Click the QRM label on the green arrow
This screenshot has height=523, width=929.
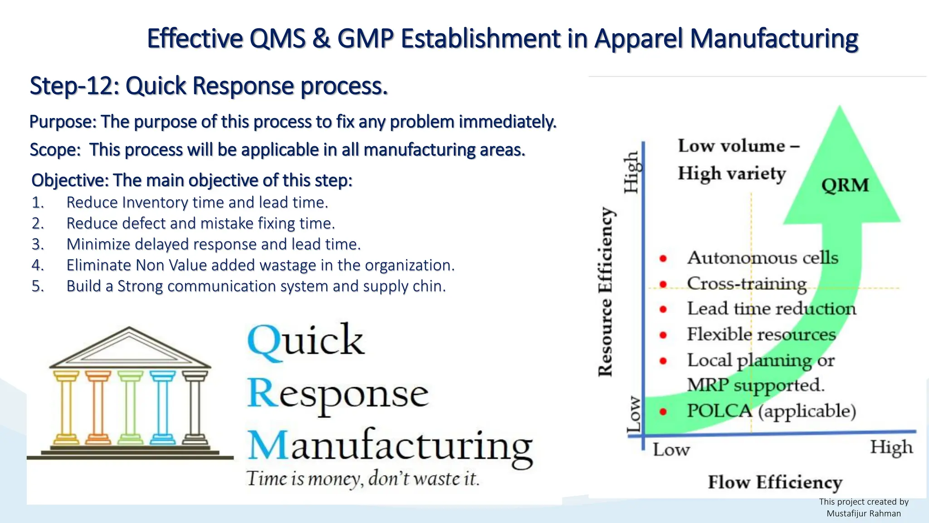pos(845,185)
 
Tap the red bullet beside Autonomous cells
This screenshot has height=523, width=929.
pos(663,258)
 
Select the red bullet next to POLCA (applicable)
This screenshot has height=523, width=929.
pos(663,412)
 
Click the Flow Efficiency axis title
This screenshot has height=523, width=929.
pos(775,482)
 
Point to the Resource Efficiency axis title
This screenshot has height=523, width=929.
pos(606,291)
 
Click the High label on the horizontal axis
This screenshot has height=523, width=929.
pos(891,448)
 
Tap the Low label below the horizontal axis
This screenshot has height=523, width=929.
pos(671,450)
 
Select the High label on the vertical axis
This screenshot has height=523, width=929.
pos(632,172)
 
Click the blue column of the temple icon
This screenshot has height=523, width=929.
pos(162,407)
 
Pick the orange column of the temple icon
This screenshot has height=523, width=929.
pos(98,407)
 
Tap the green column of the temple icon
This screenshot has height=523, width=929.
pos(130,407)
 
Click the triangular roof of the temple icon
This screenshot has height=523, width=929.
pos(130,349)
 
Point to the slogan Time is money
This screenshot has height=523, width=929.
pos(362,479)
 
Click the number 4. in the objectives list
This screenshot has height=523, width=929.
pos(38,265)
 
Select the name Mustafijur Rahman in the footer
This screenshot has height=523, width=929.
pos(863,513)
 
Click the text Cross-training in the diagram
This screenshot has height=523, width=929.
pos(747,283)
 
